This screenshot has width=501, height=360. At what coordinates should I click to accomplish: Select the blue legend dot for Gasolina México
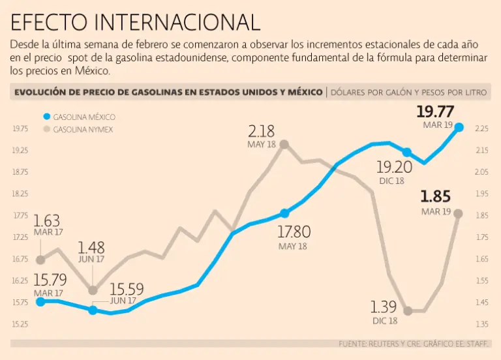(x=46, y=117)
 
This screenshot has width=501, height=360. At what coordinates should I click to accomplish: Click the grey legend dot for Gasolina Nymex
(x=46, y=129)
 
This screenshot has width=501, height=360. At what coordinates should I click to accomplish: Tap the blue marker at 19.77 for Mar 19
(x=459, y=128)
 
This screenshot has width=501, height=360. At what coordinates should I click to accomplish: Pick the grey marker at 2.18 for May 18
(x=284, y=144)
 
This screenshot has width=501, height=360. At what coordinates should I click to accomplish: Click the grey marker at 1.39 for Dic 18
(x=408, y=311)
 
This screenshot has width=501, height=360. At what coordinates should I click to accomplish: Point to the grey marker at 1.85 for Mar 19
(x=459, y=213)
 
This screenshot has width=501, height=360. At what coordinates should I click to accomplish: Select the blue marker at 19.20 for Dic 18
(x=406, y=152)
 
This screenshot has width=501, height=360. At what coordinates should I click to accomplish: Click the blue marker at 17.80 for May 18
(x=284, y=213)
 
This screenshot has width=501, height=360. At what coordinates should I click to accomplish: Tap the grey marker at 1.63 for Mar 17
(x=40, y=260)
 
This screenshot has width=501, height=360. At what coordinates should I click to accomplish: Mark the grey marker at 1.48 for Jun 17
(x=93, y=290)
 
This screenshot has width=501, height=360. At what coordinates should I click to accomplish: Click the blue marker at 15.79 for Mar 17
(x=40, y=301)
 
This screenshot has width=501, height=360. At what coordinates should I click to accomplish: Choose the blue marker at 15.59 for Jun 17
(x=93, y=310)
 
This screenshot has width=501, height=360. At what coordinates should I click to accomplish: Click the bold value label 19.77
(x=434, y=112)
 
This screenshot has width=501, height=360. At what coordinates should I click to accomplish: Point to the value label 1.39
(x=384, y=307)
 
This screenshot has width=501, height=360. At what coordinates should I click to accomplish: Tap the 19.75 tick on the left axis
(x=20, y=128)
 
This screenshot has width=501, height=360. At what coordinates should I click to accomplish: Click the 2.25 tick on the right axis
(x=481, y=128)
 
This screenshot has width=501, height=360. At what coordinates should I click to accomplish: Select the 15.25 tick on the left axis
(x=20, y=324)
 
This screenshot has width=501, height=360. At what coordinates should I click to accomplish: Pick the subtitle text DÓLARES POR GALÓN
(x=368, y=93)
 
